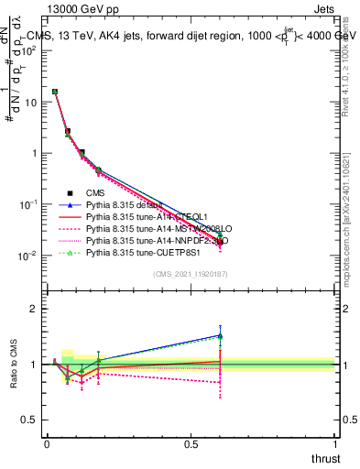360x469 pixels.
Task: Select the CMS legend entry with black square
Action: (98, 193)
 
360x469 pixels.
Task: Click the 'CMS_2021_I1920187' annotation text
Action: (191, 275)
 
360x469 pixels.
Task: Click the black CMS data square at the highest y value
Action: (55, 92)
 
